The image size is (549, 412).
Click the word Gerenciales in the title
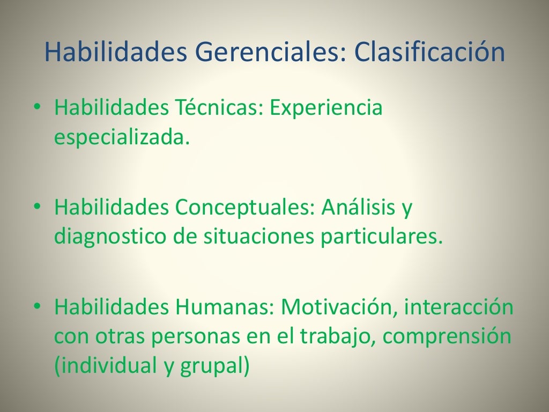coord(264,54)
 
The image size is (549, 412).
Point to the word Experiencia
coord(326,109)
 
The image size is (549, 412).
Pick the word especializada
coord(122,138)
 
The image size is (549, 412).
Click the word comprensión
coord(447,338)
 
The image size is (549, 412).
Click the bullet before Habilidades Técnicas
coord(37,107)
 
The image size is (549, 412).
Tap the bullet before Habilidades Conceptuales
coord(37,207)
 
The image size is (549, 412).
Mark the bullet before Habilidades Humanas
coord(37,306)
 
